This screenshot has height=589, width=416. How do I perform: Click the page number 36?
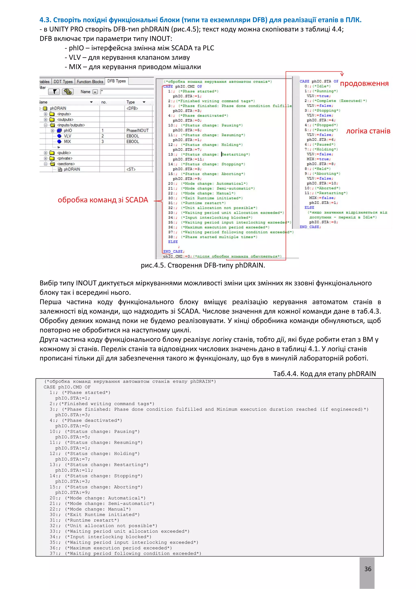[x=368, y=569]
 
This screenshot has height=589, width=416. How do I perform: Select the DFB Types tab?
[x=116, y=81]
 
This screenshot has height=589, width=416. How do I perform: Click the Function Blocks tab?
[x=90, y=82]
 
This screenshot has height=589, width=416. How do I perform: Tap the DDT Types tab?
[x=63, y=82]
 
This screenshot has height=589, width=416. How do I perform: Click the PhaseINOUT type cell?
[x=137, y=130]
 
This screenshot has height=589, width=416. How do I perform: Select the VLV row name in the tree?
[x=67, y=136]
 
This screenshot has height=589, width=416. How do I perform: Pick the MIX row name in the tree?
[x=67, y=141]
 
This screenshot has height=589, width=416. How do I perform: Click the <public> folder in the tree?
[x=64, y=153]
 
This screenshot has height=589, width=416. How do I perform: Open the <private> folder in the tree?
[x=65, y=158]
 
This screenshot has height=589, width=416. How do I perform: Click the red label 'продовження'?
[x=364, y=83]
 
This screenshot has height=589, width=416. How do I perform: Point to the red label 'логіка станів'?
[x=368, y=131]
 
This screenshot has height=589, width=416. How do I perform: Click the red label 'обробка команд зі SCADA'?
[x=103, y=200]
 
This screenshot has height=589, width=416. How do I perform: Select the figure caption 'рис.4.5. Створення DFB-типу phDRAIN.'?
[x=203, y=265]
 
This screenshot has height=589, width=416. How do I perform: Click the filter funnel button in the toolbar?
[x=54, y=92]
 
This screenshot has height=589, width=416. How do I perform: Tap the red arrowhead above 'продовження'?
[x=342, y=74]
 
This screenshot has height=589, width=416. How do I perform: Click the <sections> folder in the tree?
[x=66, y=164]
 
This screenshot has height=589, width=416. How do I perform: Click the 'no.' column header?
[x=104, y=102]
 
